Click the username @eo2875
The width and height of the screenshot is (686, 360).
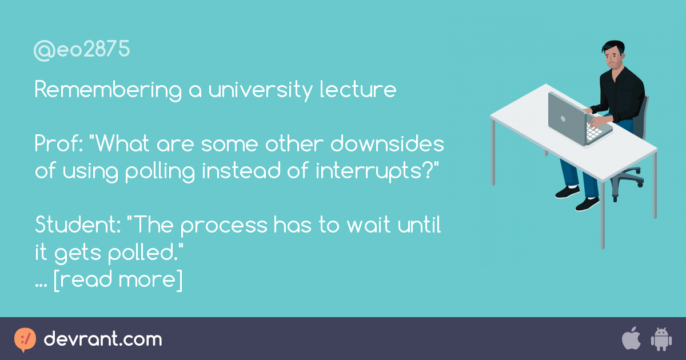pyautogui.click(x=82, y=49)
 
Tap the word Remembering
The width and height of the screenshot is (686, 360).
pyautogui.click(x=109, y=90)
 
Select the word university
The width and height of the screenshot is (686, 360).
pyautogui.click(x=261, y=90)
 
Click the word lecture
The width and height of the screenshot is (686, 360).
pyautogui.click(x=358, y=89)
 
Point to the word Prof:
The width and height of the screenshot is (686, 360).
pyautogui.click(x=58, y=143)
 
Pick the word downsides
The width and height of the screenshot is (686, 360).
pyautogui.click(x=387, y=143)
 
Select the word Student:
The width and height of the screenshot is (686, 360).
pyautogui.click(x=78, y=225)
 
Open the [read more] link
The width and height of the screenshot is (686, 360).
pyautogui.click(x=118, y=280)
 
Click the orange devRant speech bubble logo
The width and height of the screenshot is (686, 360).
pyautogui.click(x=25, y=339)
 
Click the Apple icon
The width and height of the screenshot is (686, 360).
pyautogui.click(x=631, y=338)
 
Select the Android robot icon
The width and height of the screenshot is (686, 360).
pyautogui.click(x=661, y=339)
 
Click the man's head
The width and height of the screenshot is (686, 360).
pyautogui.click(x=613, y=55)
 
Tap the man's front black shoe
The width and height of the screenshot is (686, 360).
pyautogui.click(x=587, y=204)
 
